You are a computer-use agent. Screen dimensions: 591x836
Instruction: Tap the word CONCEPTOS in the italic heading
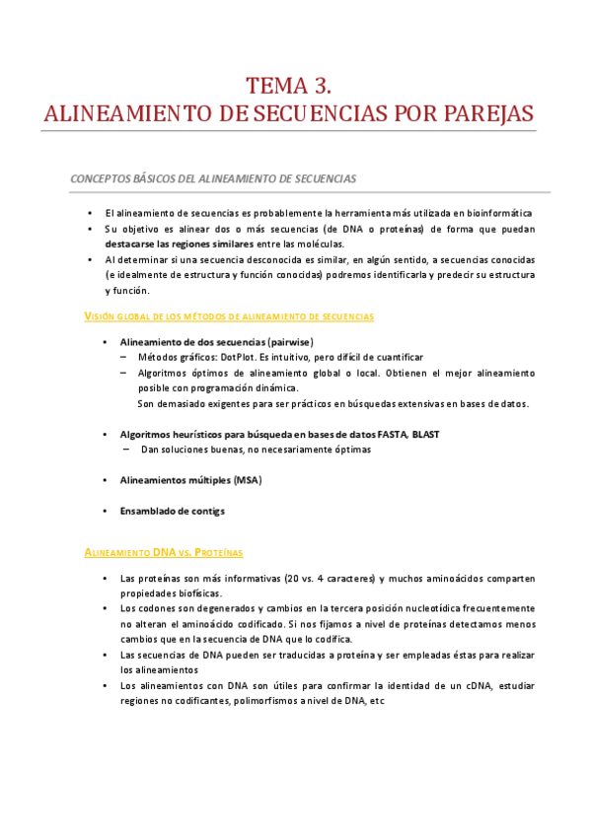99,178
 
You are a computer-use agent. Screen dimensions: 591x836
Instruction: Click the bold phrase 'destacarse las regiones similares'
179,244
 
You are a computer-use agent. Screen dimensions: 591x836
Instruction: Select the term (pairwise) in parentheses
284,341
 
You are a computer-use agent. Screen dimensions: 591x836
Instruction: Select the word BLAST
427,434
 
